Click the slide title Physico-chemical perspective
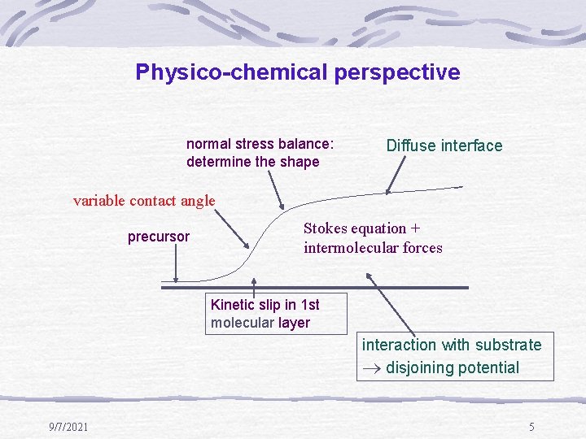[298, 72]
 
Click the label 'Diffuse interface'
[444, 146]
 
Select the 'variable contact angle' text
[144, 200]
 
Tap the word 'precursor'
[159, 237]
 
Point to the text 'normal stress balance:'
[260, 144]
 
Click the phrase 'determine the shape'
[252, 162]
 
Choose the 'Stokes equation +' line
[366, 228]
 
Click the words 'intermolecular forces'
[373, 248]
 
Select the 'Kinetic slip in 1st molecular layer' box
[277, 313]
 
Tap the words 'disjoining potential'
[453, 367]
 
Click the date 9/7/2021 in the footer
[68, 427]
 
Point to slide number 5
[531, 427]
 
